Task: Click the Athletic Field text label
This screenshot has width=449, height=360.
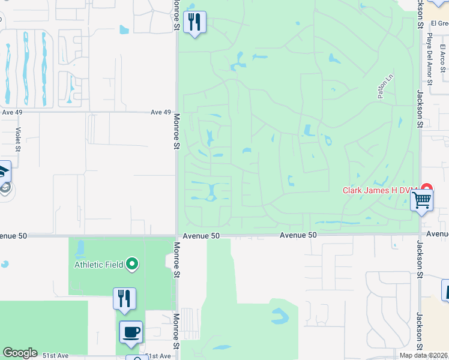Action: (98, 265)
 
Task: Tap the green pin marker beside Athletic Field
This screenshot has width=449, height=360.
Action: (133, 264)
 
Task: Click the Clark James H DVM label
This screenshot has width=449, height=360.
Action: (379, 191)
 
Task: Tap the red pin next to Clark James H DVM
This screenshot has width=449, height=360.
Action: (426, 188)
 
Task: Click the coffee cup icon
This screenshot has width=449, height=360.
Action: (131, 331)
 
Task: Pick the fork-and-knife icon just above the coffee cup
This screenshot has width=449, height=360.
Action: (124, 298)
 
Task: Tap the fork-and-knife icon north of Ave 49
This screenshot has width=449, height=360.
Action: (194, 23)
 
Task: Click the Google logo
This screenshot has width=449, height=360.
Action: (20, 353)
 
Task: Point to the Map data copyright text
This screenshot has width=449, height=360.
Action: (424, 355)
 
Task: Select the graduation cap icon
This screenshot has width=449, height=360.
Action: (4, 172)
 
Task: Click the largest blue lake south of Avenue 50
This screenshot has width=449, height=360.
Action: (280, 316)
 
